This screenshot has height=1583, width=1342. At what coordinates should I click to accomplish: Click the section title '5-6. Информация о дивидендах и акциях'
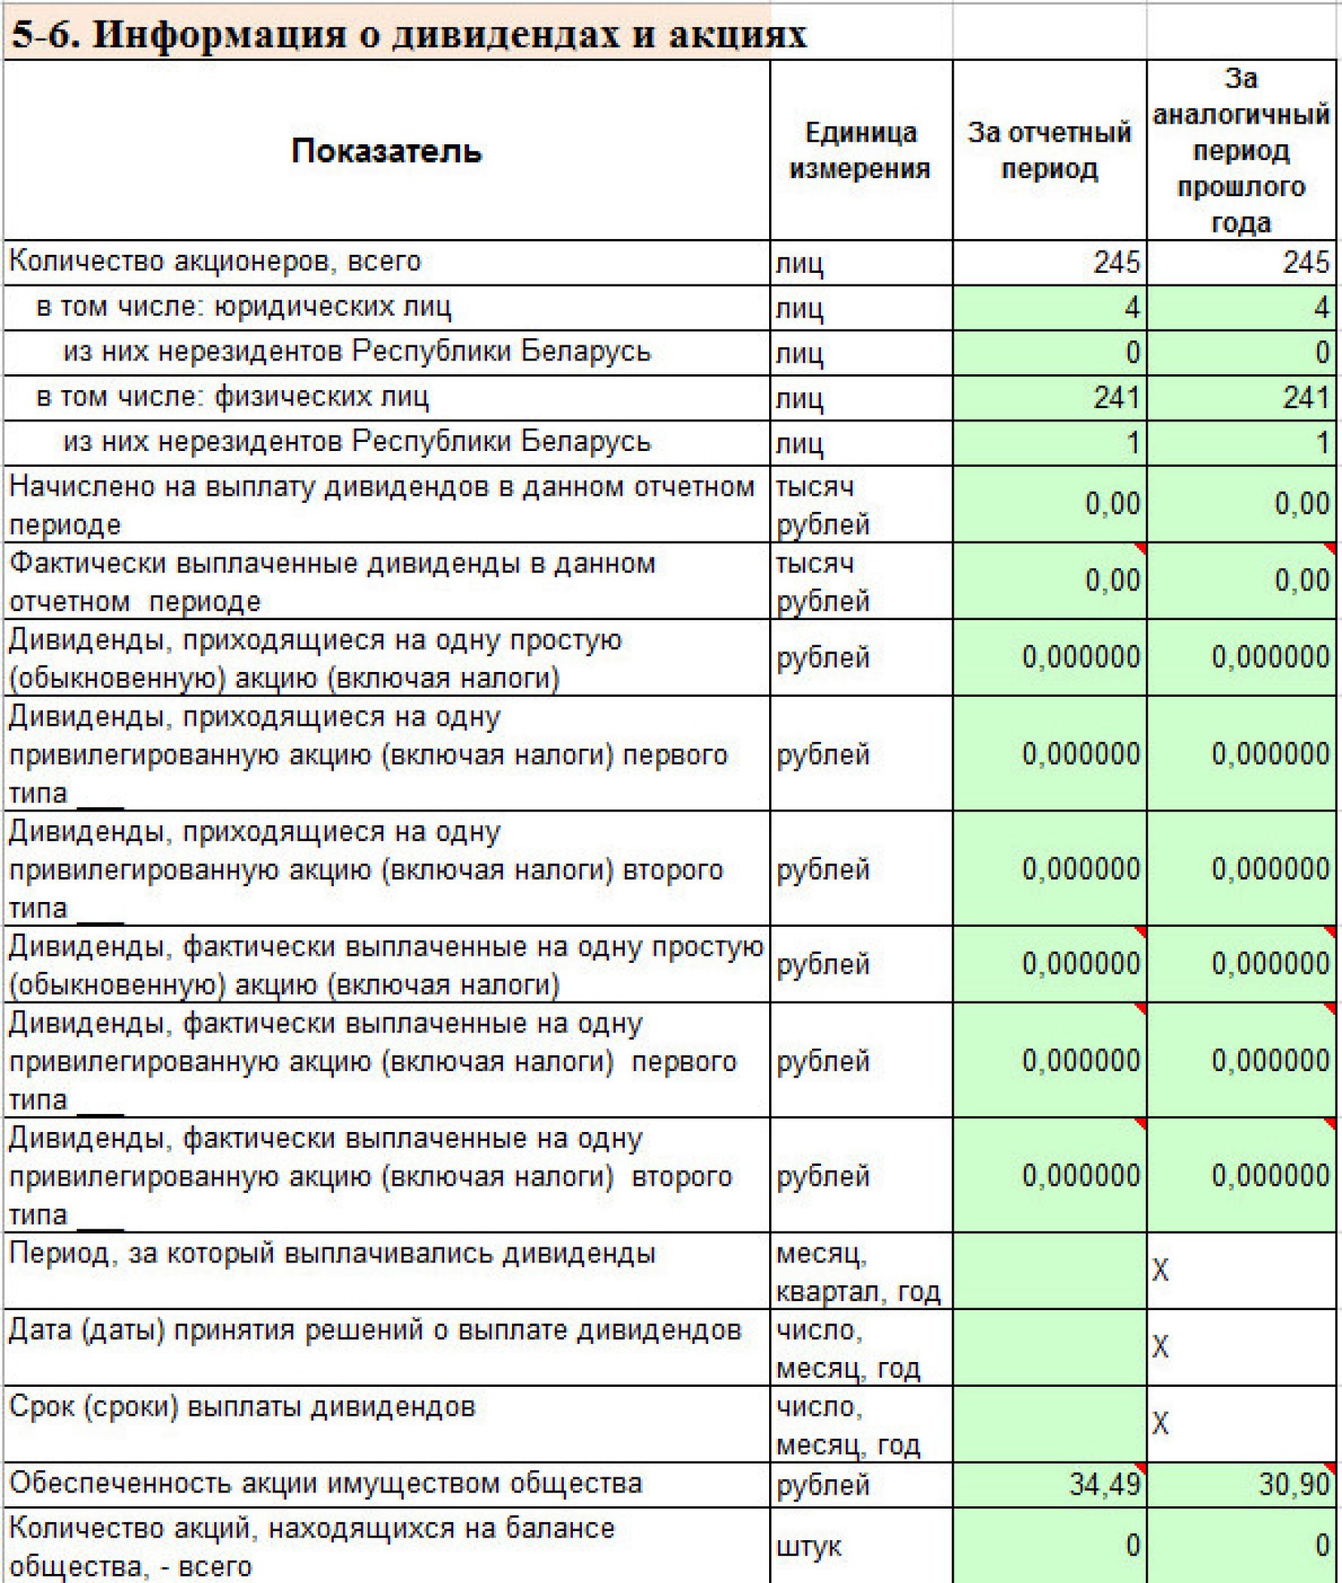click(x=408, y=35)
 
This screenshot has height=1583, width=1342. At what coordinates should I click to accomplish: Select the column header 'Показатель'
click(x=386, y=152)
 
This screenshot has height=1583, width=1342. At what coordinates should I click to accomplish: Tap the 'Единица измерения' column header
click(x=860, y=151)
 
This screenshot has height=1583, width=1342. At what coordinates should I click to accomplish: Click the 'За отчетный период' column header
click(x=1049, y=151)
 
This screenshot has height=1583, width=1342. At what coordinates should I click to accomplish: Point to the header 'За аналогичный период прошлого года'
click(x=1241, y=151)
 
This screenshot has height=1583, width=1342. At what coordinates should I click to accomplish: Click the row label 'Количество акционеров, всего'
click(x=215, y=261)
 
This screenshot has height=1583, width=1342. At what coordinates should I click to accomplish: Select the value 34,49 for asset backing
click(x=1105, y=1484)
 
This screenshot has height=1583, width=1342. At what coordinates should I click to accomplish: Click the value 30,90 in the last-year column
click(x=1293, y=1484)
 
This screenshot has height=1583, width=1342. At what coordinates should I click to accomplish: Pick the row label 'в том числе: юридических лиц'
click(x=243, y=307)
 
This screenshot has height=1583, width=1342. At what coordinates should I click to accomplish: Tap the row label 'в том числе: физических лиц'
click(x=232, y=397)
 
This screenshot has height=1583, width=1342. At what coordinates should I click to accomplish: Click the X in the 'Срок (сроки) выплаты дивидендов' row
click(x=1160, y=1424)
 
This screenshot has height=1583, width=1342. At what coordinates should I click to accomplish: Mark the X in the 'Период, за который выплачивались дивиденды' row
click(x=1160, y=1271)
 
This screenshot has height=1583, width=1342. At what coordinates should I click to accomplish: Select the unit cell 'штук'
click(x=809, y=1546)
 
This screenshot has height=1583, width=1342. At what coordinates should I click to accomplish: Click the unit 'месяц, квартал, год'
click(x=857, y=1272)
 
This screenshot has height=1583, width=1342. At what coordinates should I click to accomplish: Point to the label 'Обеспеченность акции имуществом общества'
click(x=326, y=1483)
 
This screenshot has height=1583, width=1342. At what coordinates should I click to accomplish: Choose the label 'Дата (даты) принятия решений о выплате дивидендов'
click(x=375, y=1330)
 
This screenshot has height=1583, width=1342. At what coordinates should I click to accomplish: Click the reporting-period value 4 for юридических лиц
click(x=1131, y=308)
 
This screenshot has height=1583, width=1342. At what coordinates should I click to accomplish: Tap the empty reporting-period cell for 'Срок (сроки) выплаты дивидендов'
click(x=1049, y=1424)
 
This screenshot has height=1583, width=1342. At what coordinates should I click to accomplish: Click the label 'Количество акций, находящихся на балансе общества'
click(x=312, y=1546)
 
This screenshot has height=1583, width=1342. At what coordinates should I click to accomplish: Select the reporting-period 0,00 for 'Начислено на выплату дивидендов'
click(x=1112, y=504)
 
